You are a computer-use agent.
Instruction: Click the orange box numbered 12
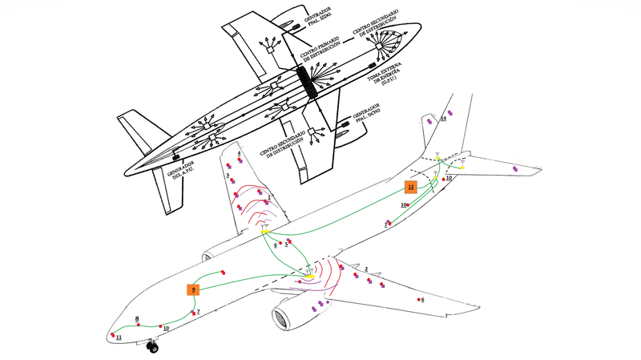(411, 187)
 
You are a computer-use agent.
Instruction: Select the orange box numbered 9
(193, 289)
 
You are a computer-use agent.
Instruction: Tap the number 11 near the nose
(118, 338)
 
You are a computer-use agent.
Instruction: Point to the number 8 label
(138, 318)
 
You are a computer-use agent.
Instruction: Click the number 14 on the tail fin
(443, 119)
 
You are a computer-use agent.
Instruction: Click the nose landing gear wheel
(152, 346)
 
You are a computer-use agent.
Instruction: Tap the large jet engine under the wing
(285, 314)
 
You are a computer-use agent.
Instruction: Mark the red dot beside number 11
(114, 332)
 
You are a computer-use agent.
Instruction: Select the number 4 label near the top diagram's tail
(228, 153)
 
